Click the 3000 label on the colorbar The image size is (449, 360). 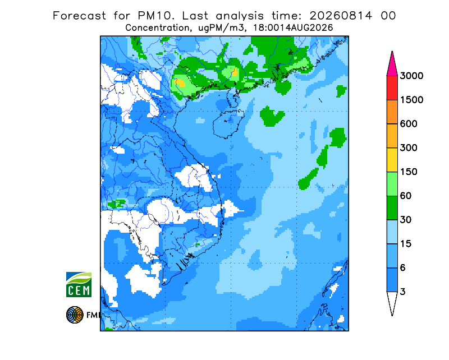coord(411,76)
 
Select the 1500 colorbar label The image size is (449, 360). coord(411,100)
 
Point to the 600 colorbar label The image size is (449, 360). coord(409,124)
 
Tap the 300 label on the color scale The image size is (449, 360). coord(409,148)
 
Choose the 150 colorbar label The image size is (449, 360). coord(409,172)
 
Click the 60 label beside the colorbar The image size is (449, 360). coord(406,196)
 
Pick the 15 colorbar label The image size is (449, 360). coord(406,244)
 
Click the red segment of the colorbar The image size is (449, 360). coord(392,88)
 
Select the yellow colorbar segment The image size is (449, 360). coord(392,160)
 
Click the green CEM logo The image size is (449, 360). coord(79,284)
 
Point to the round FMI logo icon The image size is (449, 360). coord(75,315)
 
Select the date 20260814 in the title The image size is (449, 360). coord(341,16)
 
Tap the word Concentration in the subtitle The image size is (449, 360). coord(158,28)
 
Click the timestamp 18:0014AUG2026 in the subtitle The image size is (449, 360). coord(293,28)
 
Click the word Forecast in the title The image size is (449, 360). coord(79,16)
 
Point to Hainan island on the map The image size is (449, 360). coord(228,123)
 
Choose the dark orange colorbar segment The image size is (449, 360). coord(392,112)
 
